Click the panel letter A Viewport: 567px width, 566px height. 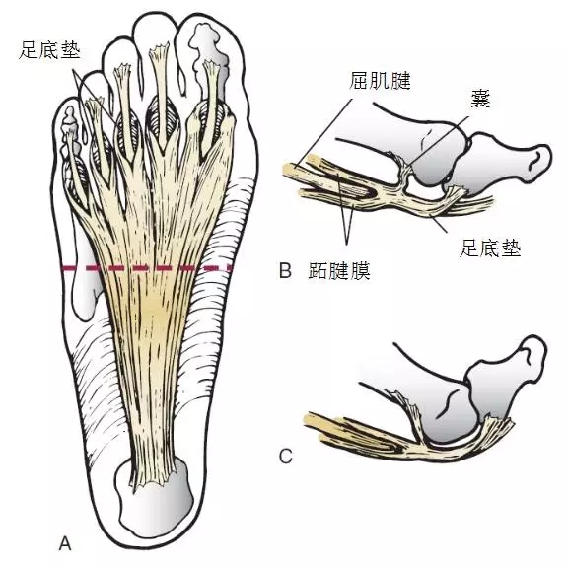coord(65,543)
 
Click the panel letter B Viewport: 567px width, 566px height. coord(285,270)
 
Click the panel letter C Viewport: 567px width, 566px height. coord(286,457)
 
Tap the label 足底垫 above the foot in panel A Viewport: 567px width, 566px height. coord(49,50)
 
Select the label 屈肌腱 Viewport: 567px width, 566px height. coord(380,80)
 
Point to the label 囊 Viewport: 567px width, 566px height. coord(480,99)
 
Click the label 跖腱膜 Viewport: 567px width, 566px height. coord(339,270)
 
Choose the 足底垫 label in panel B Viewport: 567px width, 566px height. coord(490,248)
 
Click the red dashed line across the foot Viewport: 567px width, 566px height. coord(147,268)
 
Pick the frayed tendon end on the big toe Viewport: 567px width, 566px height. coord(211,66)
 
